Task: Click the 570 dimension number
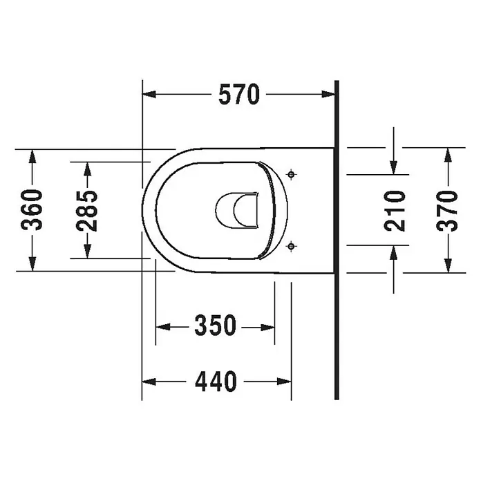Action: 239,95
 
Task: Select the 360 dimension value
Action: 32,210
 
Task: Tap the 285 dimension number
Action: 87,211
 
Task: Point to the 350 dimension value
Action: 216,326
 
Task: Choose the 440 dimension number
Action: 216,381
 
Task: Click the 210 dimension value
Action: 395,210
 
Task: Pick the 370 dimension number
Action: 447,210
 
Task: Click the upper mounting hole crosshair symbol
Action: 291,175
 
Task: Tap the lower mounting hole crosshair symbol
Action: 291,246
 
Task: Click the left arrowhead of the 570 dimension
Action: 149,94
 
